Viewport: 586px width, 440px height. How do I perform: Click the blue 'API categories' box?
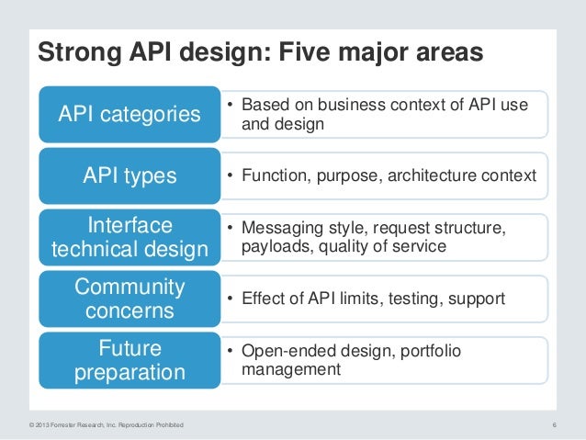[130, 114]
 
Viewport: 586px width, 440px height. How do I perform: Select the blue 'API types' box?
[130, 175]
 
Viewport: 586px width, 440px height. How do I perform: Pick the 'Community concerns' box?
[130, 299]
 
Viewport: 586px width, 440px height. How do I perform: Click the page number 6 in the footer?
[555, 423]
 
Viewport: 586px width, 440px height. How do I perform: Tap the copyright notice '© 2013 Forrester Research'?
[101, 423]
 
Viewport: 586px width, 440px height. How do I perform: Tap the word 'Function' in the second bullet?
[272, 175]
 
